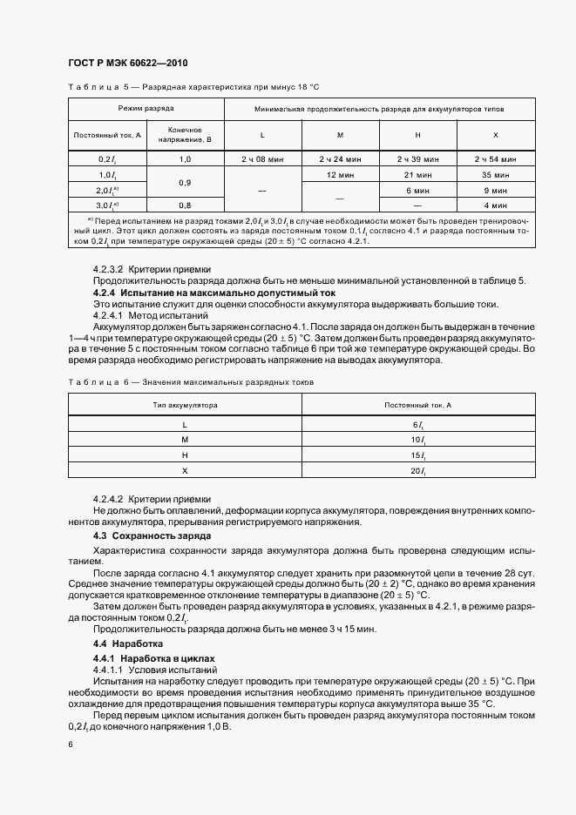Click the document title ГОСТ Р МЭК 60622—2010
127,64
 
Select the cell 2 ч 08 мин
262,159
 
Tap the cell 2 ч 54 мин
496,159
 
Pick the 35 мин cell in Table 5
496,174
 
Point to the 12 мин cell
340,174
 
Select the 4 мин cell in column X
496,205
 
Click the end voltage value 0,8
185,205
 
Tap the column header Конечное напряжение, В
185,134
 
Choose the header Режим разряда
146,109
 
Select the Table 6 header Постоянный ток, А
417,405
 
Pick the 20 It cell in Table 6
417,470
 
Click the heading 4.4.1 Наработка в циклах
152,659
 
